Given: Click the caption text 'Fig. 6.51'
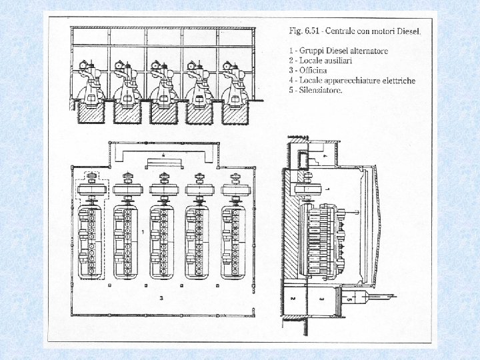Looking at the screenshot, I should [x=304, y=31].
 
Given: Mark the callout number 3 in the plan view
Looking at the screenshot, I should [x=161, y=299].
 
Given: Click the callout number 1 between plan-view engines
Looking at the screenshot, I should [x=143, y=232].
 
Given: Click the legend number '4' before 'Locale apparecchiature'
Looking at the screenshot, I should [x=291, y=80].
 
